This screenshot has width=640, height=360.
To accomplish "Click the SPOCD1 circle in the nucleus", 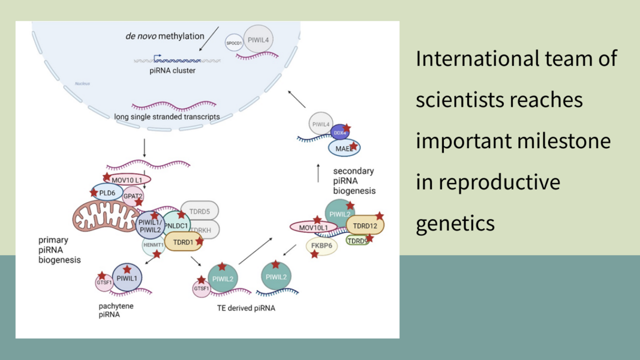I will coord(234,43).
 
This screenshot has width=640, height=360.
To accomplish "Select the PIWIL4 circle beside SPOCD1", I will coord(259,40).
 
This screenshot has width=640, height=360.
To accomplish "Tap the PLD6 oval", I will coord(107,192).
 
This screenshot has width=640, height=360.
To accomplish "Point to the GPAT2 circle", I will coord(133,196).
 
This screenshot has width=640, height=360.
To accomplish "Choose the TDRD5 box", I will coord(200,211).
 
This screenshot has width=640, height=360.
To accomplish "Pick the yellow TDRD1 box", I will coord(183,242).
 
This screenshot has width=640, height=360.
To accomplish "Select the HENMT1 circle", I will coord(154,245).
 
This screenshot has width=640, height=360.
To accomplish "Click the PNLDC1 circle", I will coord(176,225).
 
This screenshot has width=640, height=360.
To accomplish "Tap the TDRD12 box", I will coord(365,226).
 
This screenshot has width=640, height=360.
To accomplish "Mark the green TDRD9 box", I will coord(357,241).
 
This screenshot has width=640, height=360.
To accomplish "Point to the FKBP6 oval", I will coord(322,245).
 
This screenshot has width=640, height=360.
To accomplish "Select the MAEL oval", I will coord(344,148).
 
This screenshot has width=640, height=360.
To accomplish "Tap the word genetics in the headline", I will coord(455,223).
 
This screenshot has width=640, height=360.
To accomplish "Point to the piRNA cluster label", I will coord(172,70).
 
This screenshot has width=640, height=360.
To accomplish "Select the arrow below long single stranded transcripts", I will coord(145,148).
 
